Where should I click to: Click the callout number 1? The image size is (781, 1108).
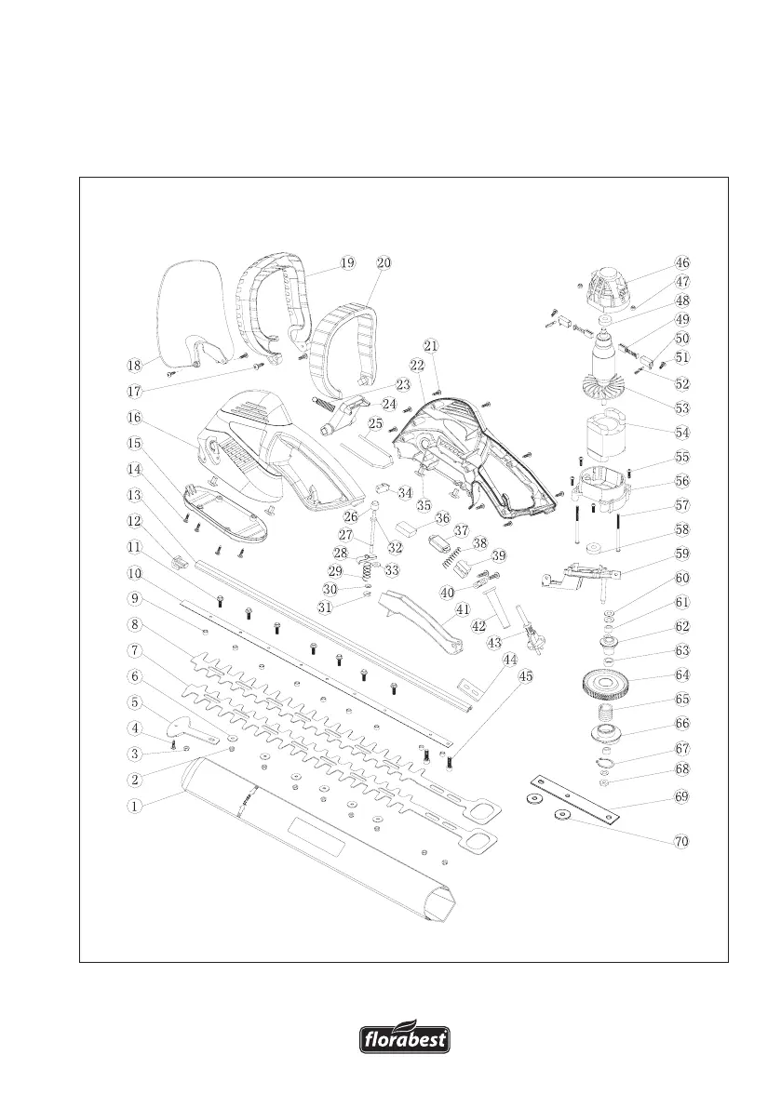pos(135,807)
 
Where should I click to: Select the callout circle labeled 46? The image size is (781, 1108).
pos(682,263)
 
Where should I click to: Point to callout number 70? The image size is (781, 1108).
pos(682,841)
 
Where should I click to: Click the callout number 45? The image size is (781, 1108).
pos(526,676)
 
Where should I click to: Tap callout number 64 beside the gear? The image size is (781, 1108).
pos(682,674)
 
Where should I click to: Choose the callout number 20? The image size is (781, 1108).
pos(384,263)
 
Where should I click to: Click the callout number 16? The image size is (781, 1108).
pos(135,419)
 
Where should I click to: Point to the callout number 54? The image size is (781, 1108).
pos(682,432)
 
